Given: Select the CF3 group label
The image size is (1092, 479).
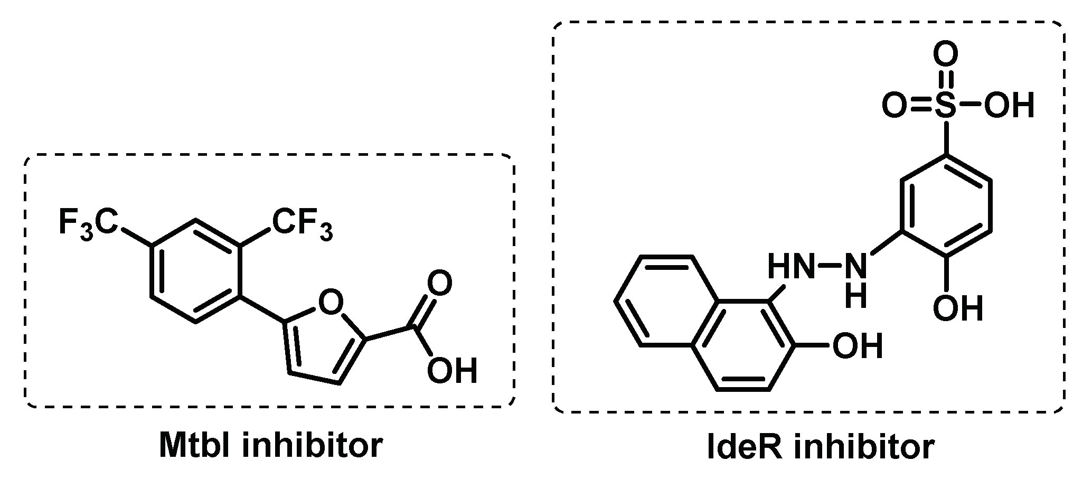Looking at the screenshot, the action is [x=302, y=224].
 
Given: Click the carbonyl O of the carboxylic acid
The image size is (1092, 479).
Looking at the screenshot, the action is [x=439, y=284].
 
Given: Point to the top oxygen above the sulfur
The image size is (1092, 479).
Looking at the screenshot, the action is [x=945, y=54].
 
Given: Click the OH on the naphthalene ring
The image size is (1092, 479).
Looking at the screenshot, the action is [x=856, y=346].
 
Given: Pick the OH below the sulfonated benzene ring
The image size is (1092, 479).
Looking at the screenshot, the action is [x=957, y=308].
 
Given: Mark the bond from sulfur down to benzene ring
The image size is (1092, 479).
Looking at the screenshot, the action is [x=945, y=138].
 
